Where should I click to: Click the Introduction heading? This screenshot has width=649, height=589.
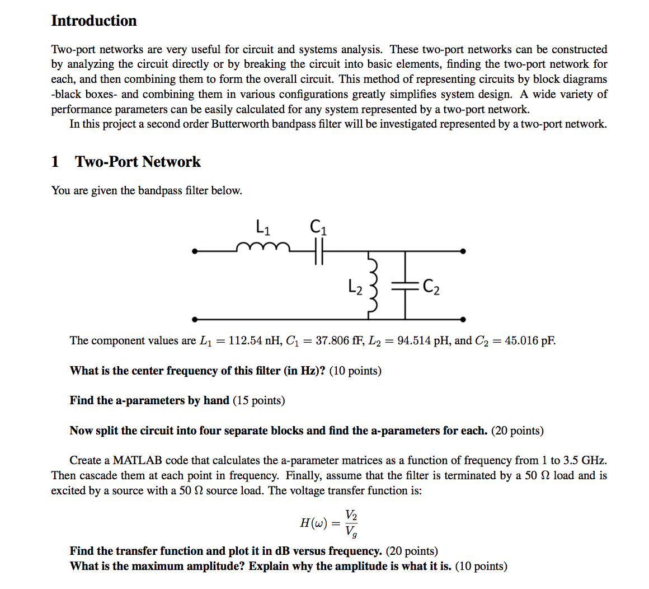click(x=94, y=21)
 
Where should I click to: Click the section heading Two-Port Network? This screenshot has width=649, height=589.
click(x=138, y=162)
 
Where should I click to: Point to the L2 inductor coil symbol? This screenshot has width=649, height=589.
click(x=373, y=286)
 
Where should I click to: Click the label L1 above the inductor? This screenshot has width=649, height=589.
click(x=263, y=227)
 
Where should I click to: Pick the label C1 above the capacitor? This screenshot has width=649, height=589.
click(x=318, y=227)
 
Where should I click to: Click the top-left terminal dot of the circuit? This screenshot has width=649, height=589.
click(x=194, y=252)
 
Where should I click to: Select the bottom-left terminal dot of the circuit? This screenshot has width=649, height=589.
click(x=194, y=319)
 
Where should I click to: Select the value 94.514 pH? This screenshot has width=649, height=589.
click(x=424, y=340)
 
